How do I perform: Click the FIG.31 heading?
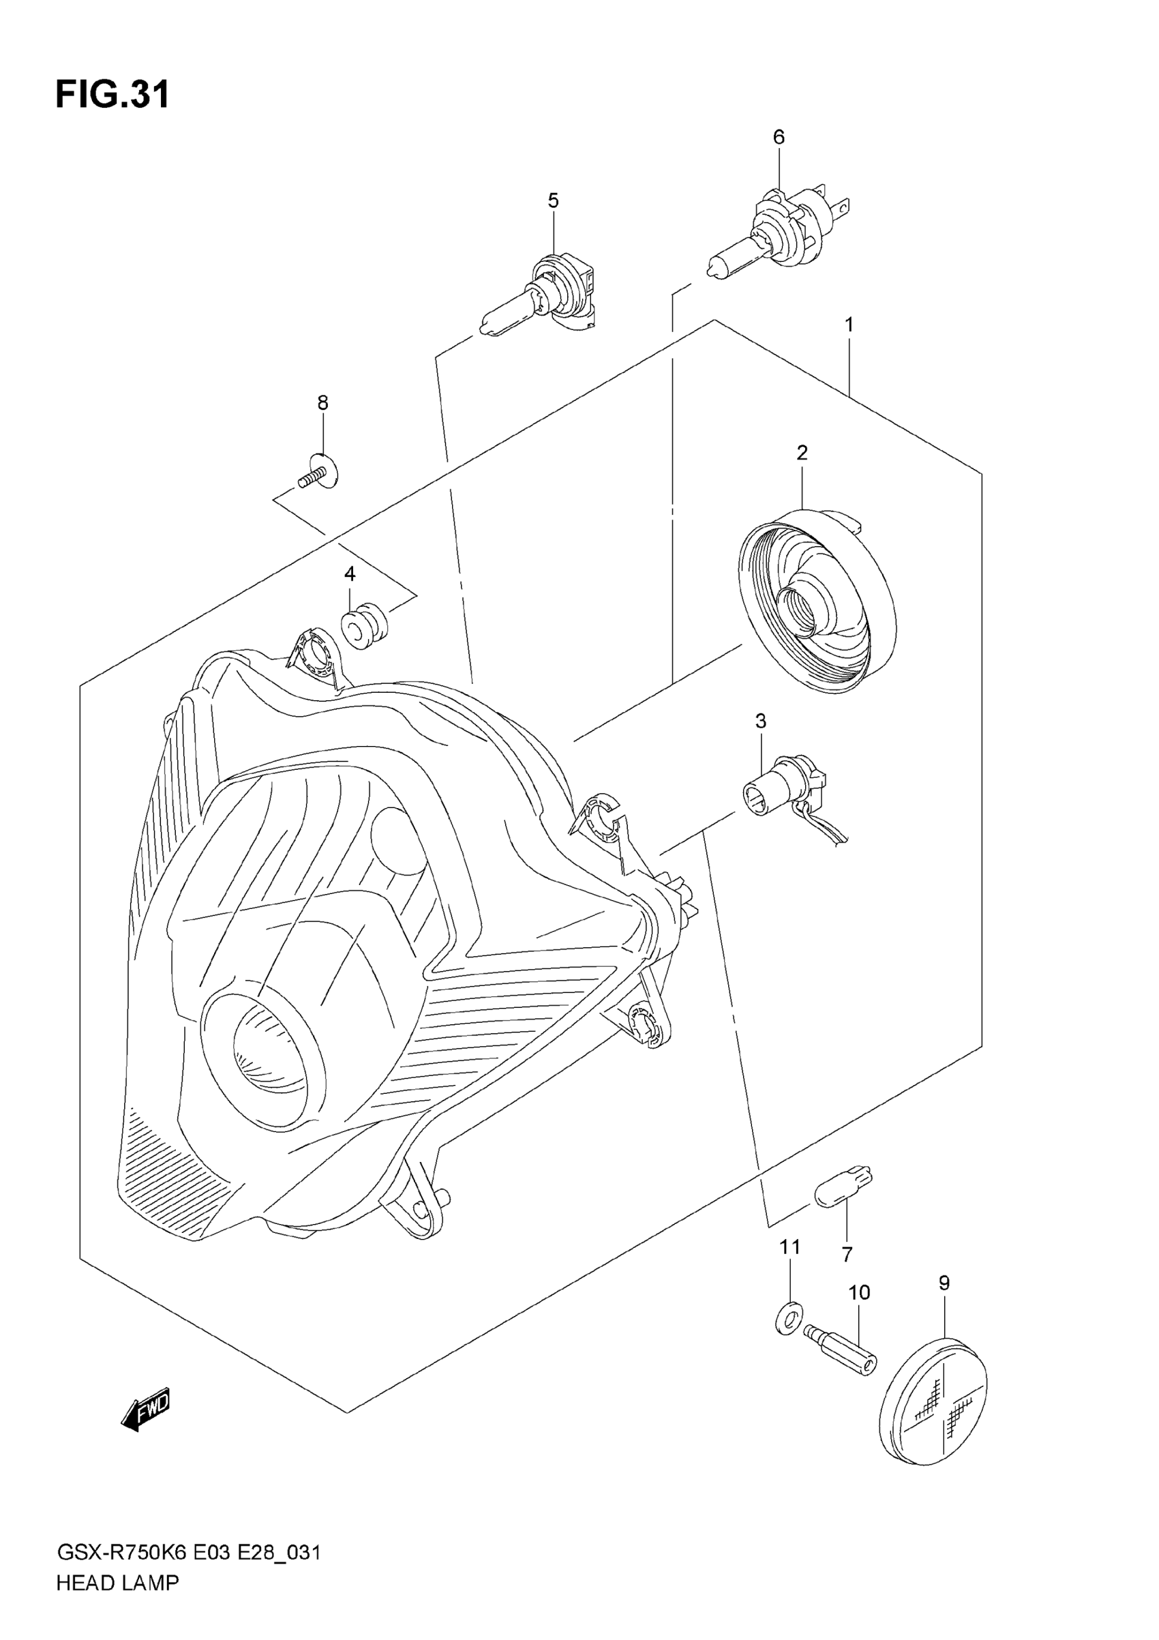(x=112, y=94)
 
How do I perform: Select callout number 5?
(x=554, y=200)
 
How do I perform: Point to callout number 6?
(x=779, y=137)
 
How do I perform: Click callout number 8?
(x=322, y=403)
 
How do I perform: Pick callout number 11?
(x=789, y=1247)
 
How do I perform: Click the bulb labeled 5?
(x=543, y=300)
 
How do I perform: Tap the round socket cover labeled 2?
(x=817, y=600)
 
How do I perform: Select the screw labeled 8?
(x=320, y=473)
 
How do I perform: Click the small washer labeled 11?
(x=788, y=1315)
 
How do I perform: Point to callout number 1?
(x=849, y=325)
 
